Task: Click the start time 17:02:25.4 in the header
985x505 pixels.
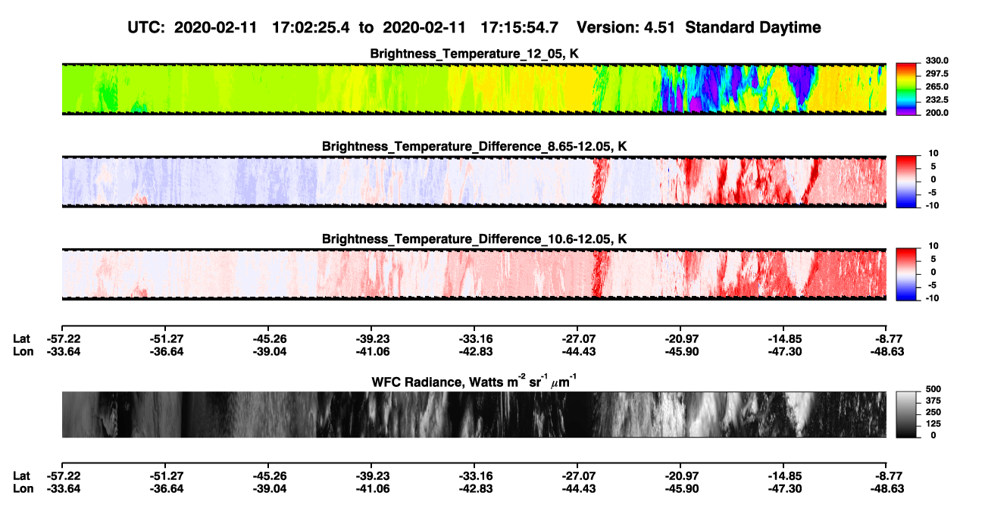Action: tap(311, 28)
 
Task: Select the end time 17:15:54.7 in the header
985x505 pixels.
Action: tap(519, 28)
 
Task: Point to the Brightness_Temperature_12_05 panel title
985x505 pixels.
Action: tap(474, 54)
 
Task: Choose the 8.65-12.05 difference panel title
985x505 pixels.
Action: tap(474, 146)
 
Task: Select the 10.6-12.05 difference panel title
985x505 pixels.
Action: tap(474, 239)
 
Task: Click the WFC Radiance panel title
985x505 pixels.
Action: tap(474, 382)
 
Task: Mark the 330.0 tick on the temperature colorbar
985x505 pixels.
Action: tap(937, 61)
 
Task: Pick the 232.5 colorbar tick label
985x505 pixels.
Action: tap(937, 100)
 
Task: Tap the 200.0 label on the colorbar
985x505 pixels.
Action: tap(937, 113)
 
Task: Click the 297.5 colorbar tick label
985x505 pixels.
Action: tap(937, 74)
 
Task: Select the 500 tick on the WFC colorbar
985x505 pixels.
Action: tap(933, 389)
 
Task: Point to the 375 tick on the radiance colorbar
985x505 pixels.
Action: tap(933, 401)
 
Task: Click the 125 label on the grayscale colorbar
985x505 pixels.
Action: tap(933, 424)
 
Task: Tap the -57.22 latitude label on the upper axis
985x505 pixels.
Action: tap(64, 339)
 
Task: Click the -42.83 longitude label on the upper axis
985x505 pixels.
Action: tap(476, 351)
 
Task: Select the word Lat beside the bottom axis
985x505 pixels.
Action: tap(21, 476)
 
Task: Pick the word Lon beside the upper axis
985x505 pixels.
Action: tap(23, 351)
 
